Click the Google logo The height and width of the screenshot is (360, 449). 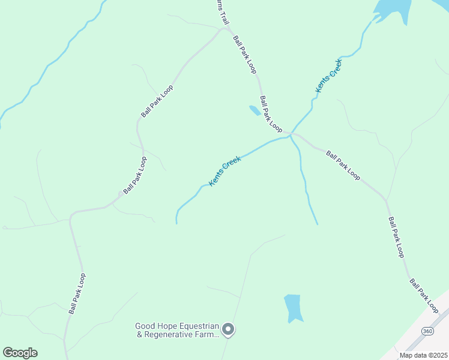tap(20, 353)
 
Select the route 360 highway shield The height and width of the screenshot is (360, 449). tap(427, 331)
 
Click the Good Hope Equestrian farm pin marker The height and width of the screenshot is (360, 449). tap(228, 329)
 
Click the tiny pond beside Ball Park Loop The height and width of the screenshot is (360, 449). tap(255, 110)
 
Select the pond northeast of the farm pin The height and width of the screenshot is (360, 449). tap(292, 307)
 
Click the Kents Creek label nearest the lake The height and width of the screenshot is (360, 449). tap(328, 76)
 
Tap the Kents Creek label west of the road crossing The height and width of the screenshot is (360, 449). tap(225, 171)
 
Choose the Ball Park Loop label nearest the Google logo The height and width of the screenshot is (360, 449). tap(77, 293)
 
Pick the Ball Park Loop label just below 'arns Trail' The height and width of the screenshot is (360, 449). tap(245, 54)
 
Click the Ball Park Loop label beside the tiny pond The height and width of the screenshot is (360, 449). tap(271, 114)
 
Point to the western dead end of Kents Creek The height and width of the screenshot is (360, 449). tap(176, 223)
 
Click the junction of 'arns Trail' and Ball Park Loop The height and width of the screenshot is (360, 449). tap(226, 28)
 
